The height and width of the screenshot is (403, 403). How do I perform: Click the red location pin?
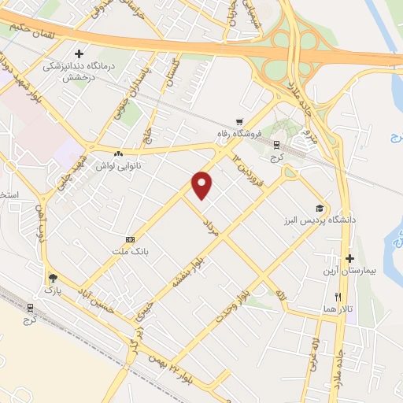(203, 185)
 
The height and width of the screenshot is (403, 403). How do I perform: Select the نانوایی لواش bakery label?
(117, 166)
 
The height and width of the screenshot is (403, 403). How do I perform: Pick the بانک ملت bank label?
(129, 251)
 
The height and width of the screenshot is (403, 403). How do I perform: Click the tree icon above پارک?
(53, 277)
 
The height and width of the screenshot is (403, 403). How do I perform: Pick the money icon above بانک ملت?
(129, 239)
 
